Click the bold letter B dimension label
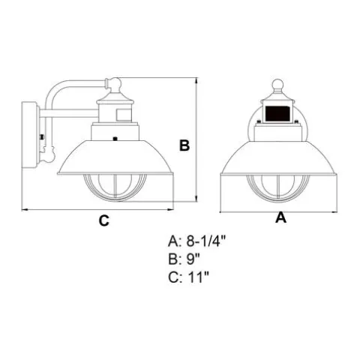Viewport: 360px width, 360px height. tap(184, 145)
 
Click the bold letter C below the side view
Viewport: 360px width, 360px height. tap(104, 220)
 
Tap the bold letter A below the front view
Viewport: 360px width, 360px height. tap(280, 217)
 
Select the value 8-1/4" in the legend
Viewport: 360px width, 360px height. tap(206, 241)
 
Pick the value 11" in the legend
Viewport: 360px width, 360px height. tap(198, 277)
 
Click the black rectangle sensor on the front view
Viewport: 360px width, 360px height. tap(277, 114)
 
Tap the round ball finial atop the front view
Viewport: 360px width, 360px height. tap(277, 85)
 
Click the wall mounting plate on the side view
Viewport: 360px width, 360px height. tap(29, 135)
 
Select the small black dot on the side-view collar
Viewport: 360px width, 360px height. tap(115, 139)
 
